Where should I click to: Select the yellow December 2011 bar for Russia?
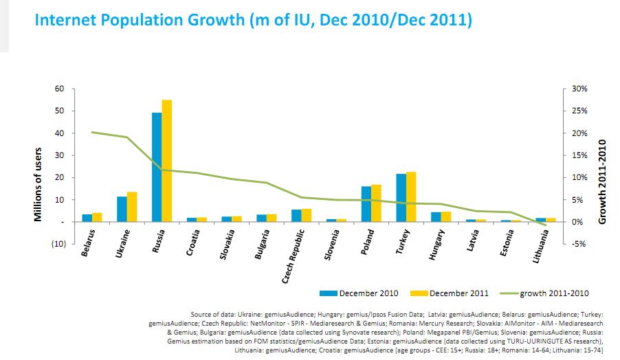(167, 161)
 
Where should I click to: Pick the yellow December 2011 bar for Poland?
(376, 203)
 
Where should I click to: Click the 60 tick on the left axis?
(59, 89)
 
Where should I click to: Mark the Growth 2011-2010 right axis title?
(602, 181)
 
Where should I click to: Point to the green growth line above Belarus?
(92, 132)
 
